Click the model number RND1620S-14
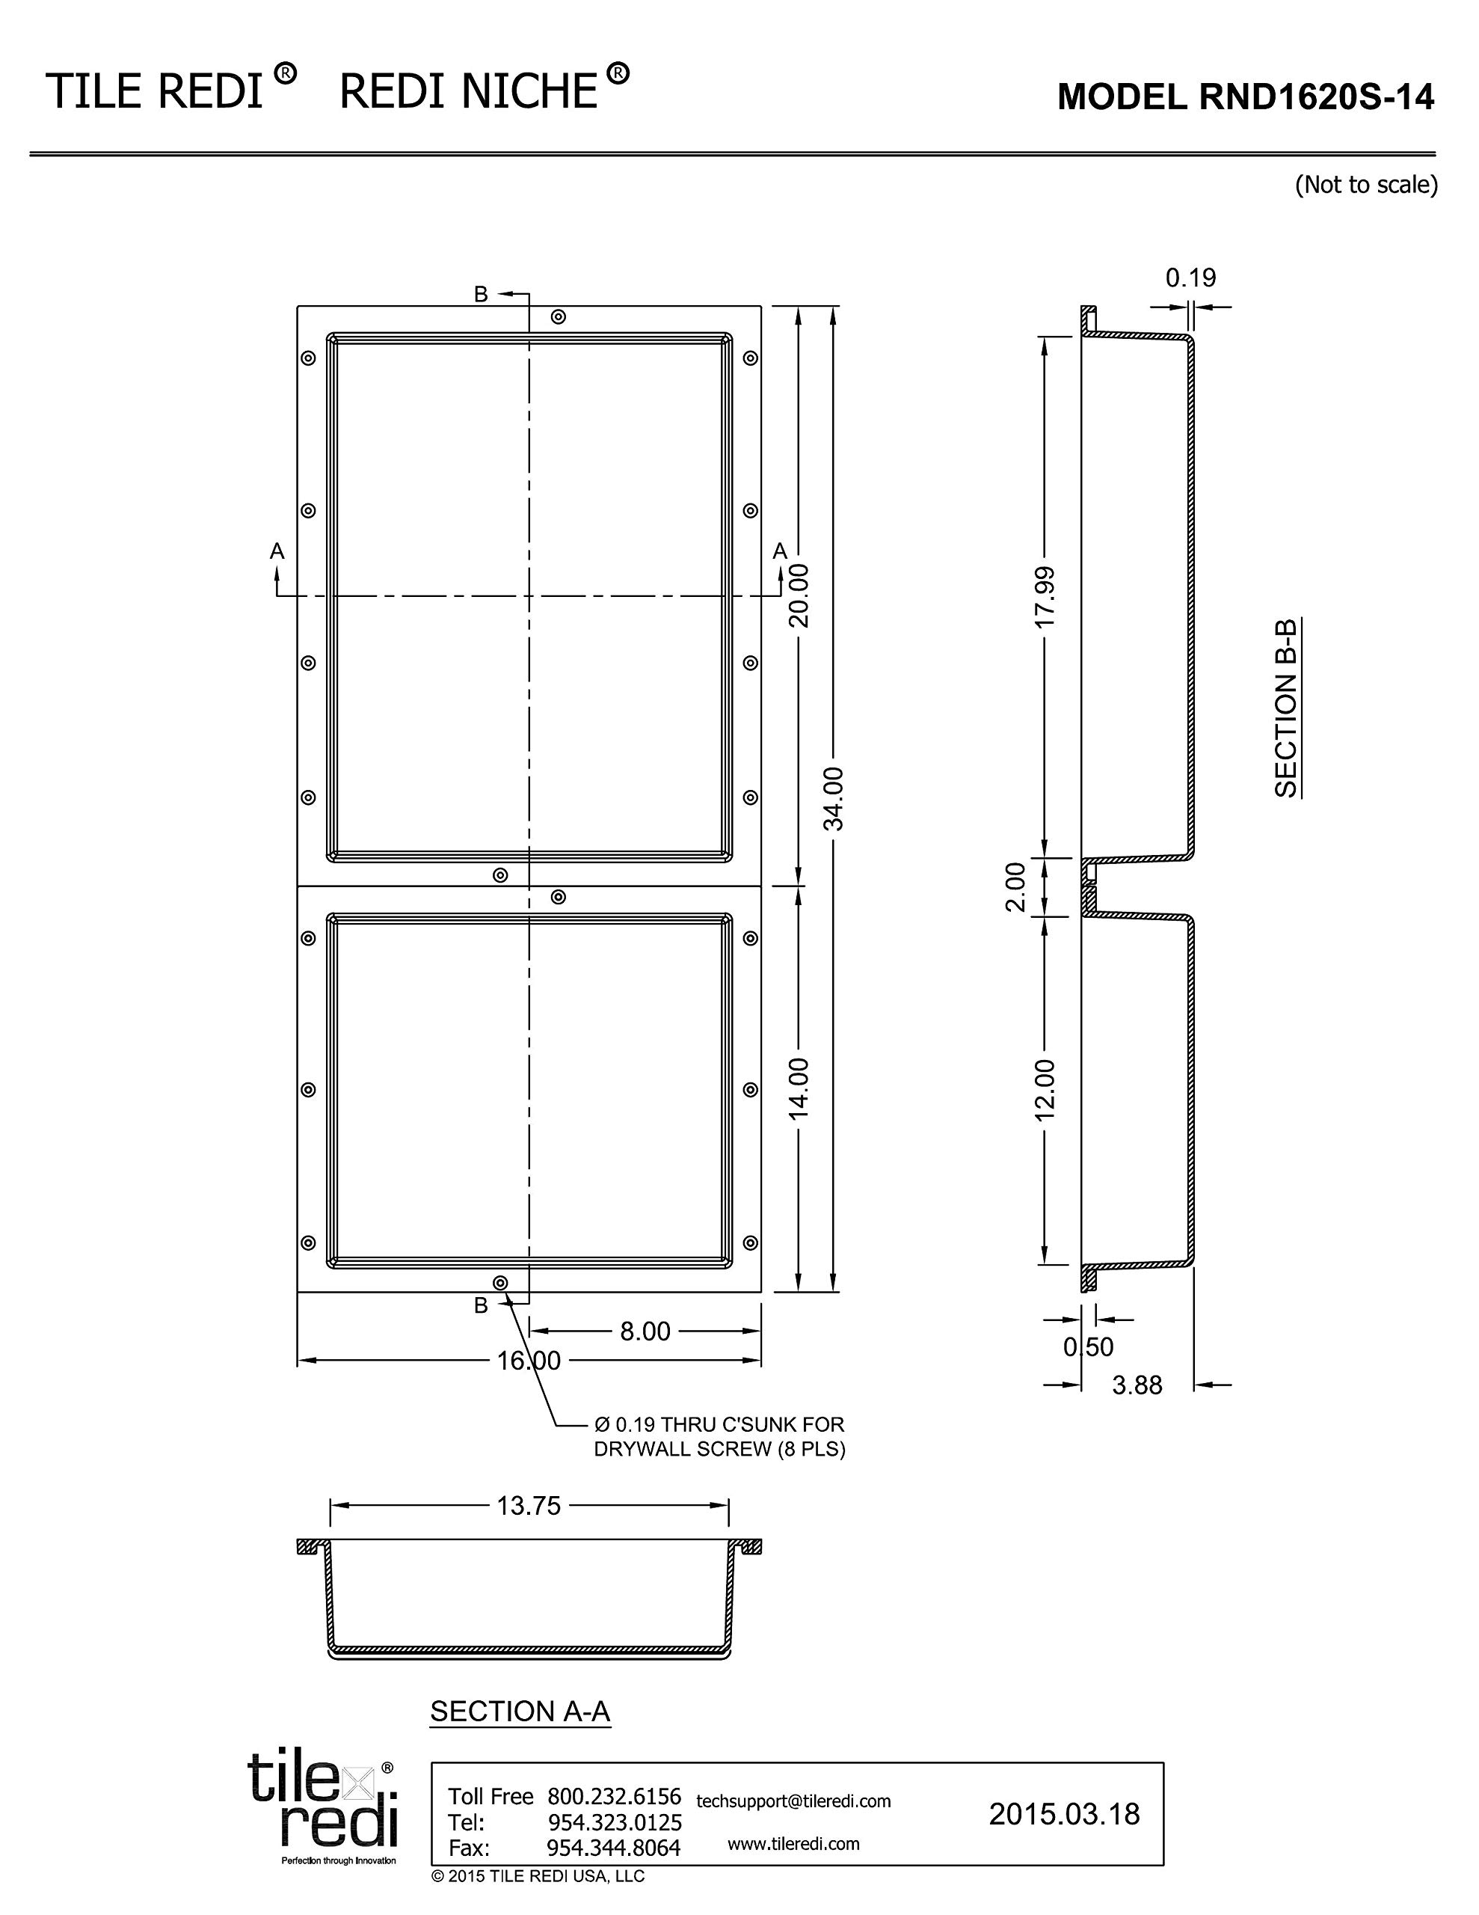pos(1315,97)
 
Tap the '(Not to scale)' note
pos(1366,184)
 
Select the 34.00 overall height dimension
pos(834,799)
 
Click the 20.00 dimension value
pos(799,595)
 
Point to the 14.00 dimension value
pos(799,1089)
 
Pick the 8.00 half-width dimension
pos(645,1331)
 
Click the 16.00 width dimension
pos(529,1360)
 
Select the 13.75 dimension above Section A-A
pos(529,1506)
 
